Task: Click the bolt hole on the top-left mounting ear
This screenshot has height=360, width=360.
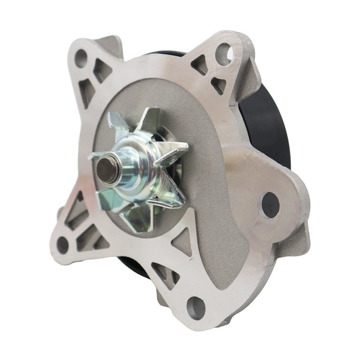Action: tap(81, 58)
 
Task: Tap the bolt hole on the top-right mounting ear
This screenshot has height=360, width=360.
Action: tap(223, 55)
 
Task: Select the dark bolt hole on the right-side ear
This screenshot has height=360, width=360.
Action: tap(271, 205)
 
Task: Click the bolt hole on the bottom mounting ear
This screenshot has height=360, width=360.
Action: tap(196, 308)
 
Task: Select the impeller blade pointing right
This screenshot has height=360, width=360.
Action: tap(174, 150)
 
